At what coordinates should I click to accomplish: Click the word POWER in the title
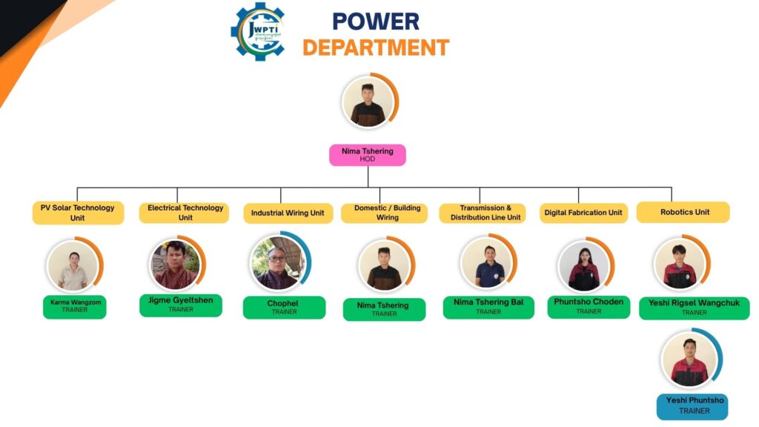point(375,21)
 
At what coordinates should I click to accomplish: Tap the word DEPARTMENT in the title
point(376,47)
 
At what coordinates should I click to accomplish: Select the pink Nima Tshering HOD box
point(368,155)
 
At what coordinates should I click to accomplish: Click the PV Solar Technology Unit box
point(78,213)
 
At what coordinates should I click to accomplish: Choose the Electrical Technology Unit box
point(185,213)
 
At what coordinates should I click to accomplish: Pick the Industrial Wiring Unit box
point(288,213)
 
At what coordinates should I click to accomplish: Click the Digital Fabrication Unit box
point(583,213)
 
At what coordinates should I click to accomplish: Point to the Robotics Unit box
point(684,212)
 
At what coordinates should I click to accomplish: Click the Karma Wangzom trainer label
point(74,306)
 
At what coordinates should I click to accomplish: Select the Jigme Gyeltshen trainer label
point(181,305)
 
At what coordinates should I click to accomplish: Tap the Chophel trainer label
point(284,308)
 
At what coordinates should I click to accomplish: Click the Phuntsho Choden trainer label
point(589,307)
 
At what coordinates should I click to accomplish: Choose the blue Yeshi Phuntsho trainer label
point(692,406)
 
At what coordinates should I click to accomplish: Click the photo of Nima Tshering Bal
point(488,262)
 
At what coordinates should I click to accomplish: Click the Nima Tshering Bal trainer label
point(488,307)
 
